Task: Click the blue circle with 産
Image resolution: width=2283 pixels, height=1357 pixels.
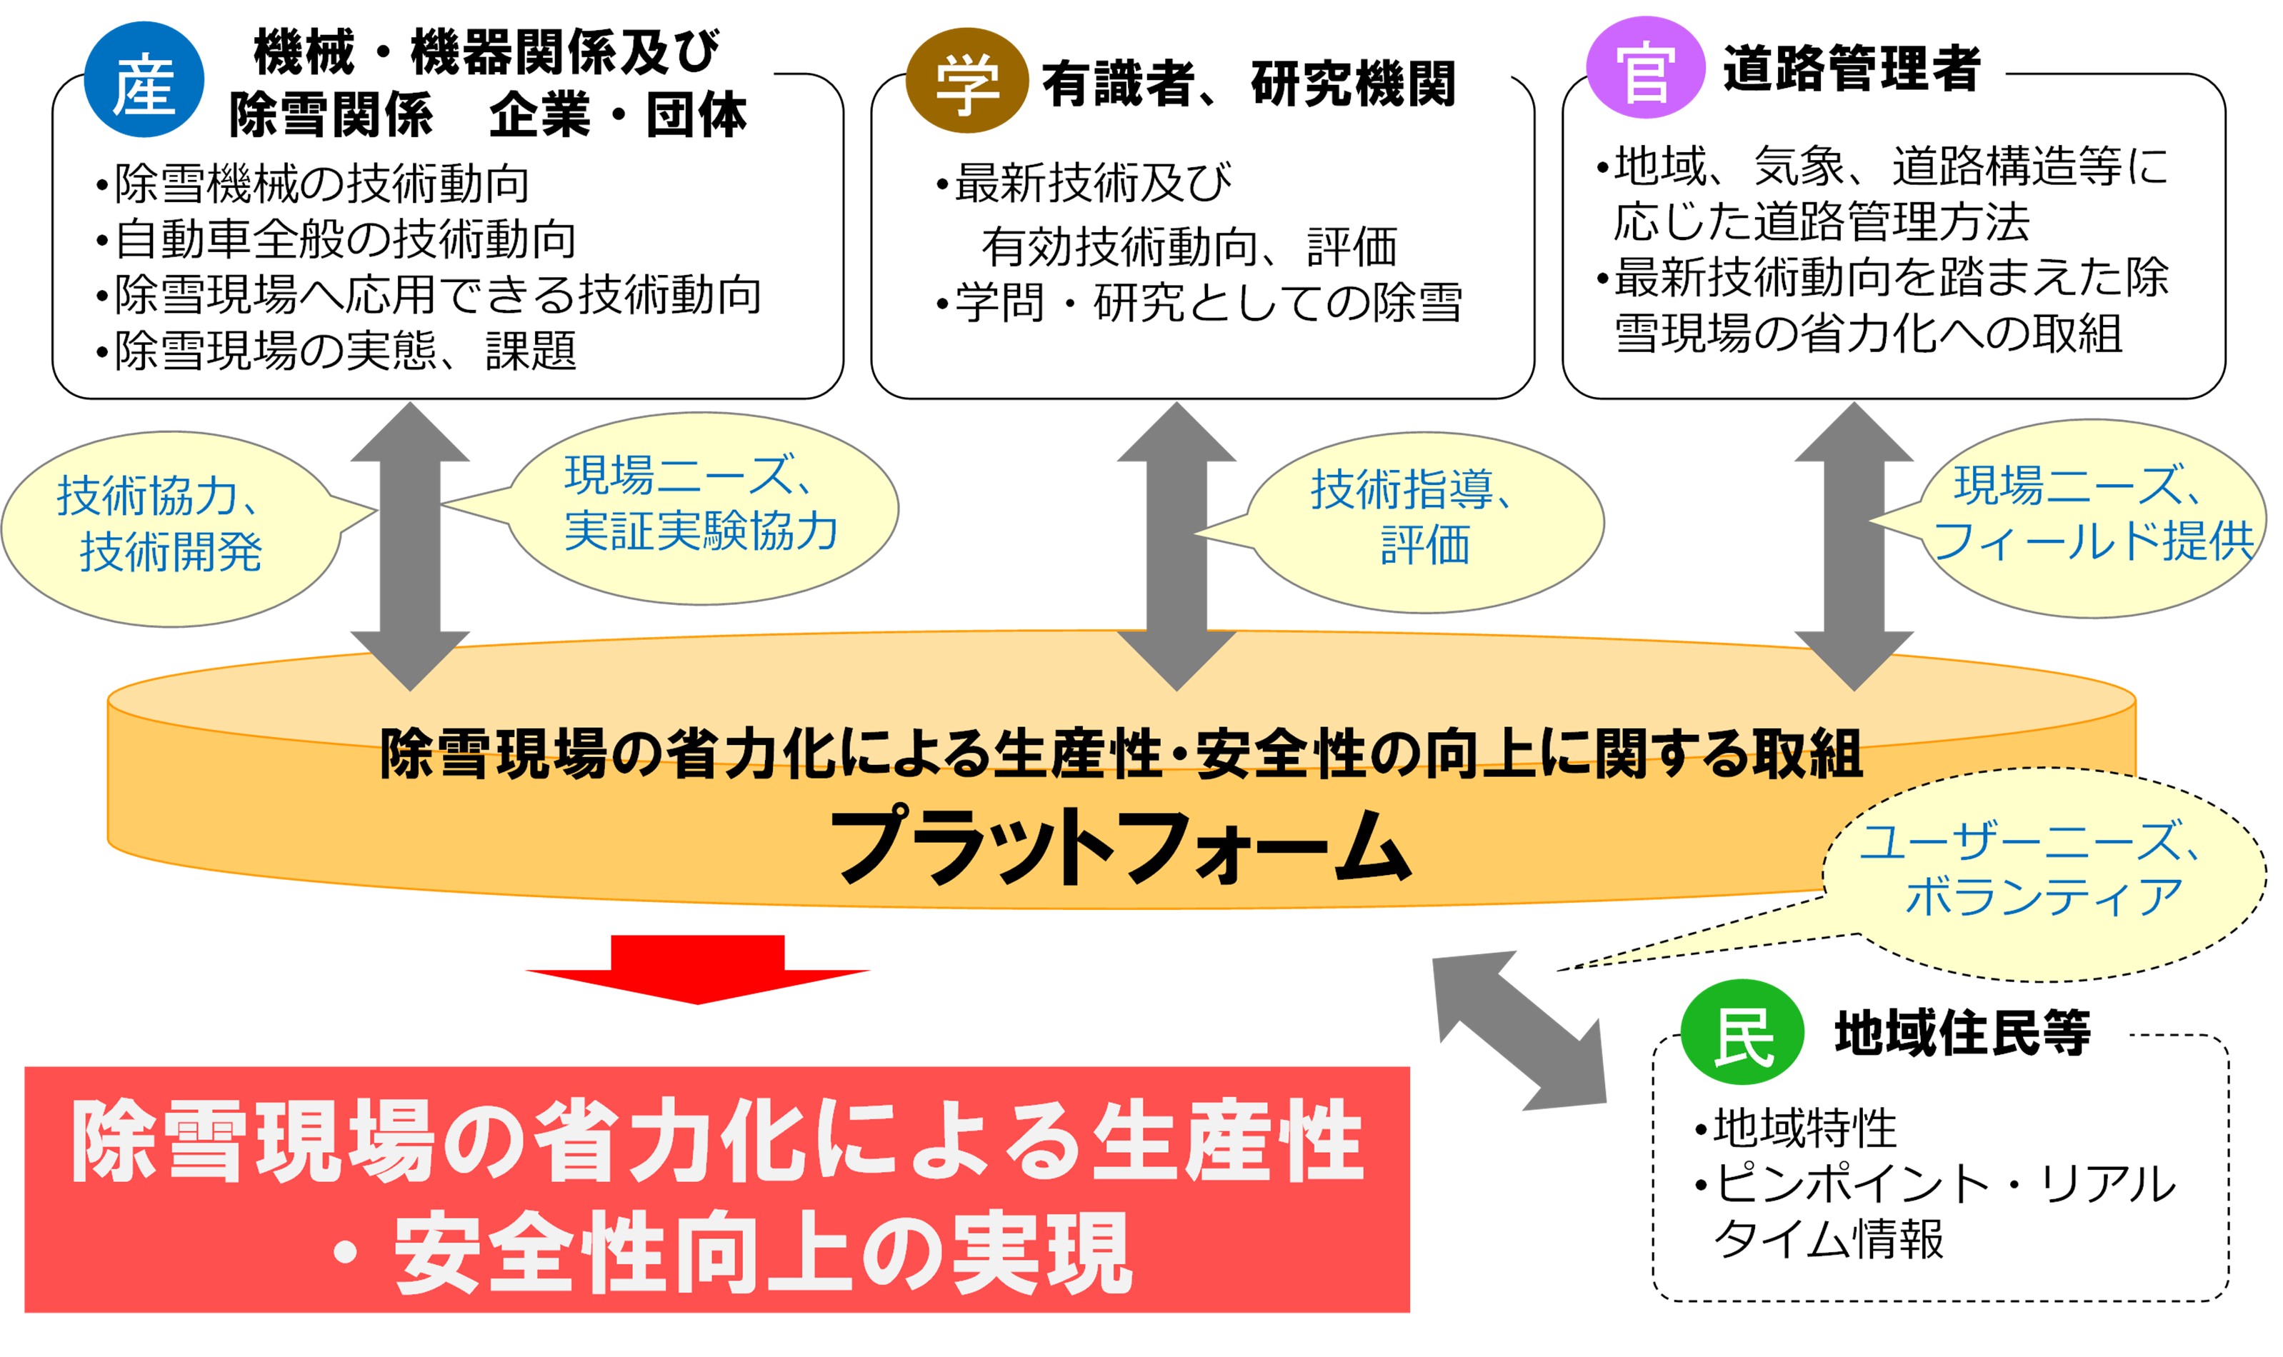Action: (x=144, y=81)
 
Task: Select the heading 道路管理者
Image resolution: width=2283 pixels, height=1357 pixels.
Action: (x=1851, y=69)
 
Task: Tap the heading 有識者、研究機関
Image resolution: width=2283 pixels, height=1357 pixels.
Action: (x=1247, y=84)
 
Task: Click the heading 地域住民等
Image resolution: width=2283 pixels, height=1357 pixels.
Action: (x=1961, y=1033)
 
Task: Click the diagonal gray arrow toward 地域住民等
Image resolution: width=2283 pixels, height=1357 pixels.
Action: (x=1518, y=1031)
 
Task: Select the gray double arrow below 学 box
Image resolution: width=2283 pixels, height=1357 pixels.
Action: (x=1176, y=546)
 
